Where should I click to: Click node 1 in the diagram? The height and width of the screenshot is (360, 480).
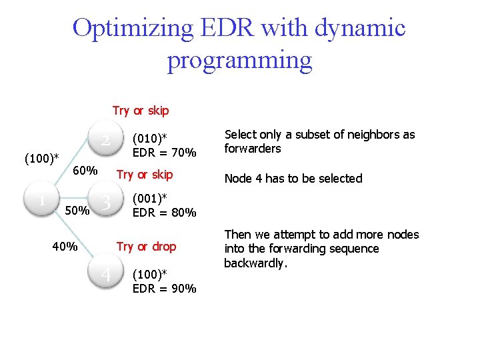[x=42, y=199]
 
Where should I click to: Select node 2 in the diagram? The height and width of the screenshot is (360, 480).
[x=105, y=140]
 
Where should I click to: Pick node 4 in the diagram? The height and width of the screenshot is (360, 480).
[x=105, y=274]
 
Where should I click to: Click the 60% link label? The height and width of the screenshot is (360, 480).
[x=85, y=171]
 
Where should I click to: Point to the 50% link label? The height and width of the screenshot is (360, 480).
[x=77, y=211]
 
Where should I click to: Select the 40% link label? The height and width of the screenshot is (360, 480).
[x=65, y=247]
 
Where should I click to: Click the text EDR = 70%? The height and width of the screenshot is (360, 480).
[x=164, y=153]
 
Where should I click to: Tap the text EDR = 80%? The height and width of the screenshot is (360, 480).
[x=164, y=213]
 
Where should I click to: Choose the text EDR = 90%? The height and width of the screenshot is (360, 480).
[x=164, y=289]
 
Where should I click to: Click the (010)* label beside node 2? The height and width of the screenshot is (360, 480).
[x=150, y=139]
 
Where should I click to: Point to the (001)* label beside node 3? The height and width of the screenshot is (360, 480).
[x=150, y=199]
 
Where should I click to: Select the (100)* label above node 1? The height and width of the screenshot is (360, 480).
[x=41, y=159]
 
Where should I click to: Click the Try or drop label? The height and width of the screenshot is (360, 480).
[x=146, y=247]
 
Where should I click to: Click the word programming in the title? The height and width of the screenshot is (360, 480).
[x=239, y=60]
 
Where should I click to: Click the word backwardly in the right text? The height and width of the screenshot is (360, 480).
[x=253, y=263]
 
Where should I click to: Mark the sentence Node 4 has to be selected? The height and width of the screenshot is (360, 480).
[x=293, y=179]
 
